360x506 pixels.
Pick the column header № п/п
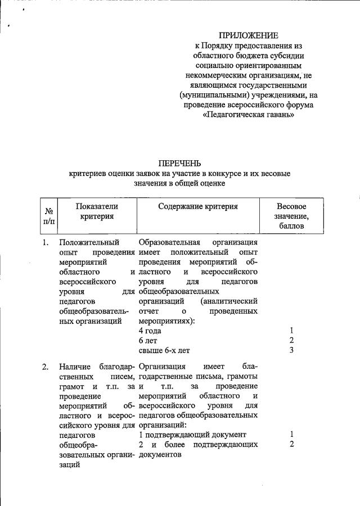49,216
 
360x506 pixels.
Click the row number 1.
45,243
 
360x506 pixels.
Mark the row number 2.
45,368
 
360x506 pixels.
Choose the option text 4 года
150,331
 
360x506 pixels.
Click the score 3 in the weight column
291,351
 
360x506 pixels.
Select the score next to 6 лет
291,341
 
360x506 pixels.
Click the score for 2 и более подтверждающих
291,445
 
